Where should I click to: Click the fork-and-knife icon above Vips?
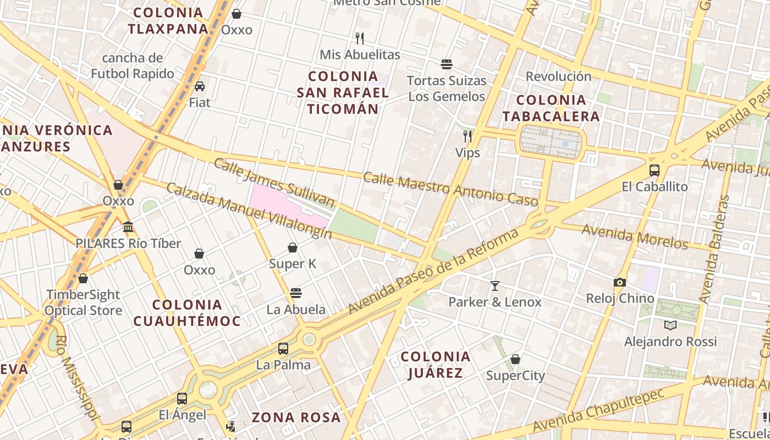click(x=468, y=136)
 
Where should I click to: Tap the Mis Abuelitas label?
click(x=360, y=55)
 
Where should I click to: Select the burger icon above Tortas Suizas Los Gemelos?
click(x=447, y=64)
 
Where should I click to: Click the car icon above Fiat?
click(x=200, y=86)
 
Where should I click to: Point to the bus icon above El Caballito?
click(x=654, y=170)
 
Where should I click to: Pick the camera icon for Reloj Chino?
click(x=620, y=282)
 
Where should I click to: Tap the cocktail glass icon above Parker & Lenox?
click(x=495, y=285)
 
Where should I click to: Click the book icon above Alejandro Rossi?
click(x=670, y=325)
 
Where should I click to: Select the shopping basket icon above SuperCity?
click(x=515, y=359)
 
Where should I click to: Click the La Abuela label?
click(x=296, y=310)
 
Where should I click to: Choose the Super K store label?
click(x=293, y=264)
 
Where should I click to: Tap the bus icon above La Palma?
click(x=283, y=348)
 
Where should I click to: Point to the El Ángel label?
click(x=183, y=415)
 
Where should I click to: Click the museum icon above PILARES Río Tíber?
click(x=128, y=227)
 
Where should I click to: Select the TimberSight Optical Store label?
click(x=83, y=302)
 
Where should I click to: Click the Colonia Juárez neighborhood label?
click(x=436, y=365)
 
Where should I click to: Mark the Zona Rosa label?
click(x=296, y=417)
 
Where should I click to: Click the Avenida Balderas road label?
click(x=714, y=249)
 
